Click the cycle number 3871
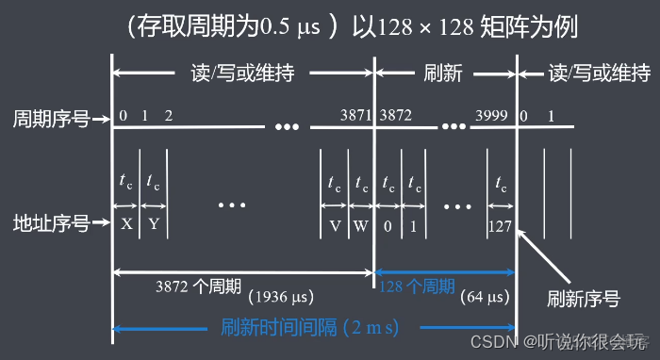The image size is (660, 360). point(356,116)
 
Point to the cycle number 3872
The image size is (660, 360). point(394,116)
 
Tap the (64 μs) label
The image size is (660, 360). point(487,299)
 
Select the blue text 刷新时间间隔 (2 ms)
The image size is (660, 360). point(309,328)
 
